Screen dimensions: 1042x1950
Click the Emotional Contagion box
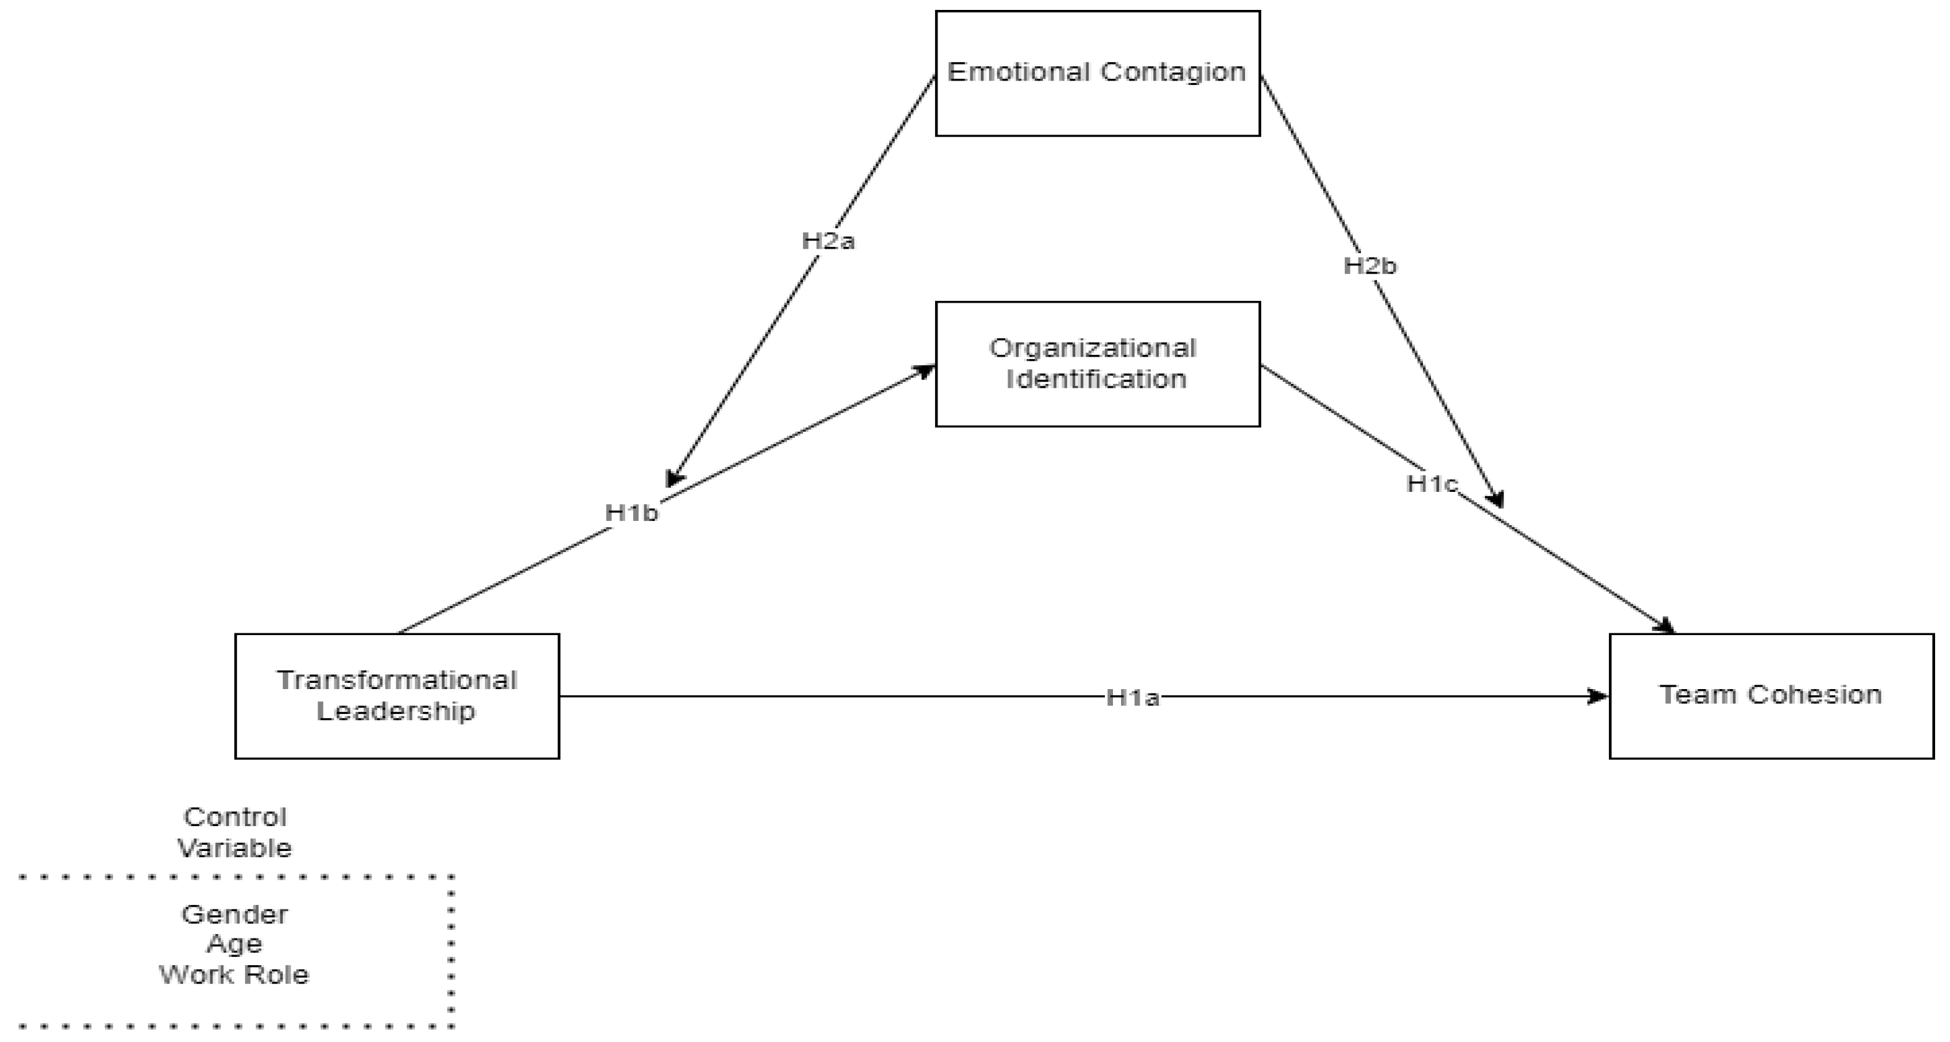(1097, 73)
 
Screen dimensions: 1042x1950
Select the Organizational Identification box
(1097, 364)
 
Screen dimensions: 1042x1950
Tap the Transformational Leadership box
(397, 696)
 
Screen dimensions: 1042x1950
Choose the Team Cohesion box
(1771, 696)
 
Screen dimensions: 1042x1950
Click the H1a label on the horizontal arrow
(1132, 697)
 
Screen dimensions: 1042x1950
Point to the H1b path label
(631, 514)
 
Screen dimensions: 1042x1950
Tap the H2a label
(828, 241)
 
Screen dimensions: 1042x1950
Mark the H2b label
(1370, 266)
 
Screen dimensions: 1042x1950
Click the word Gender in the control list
(234, 915)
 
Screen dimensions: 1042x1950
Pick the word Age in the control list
(234, 944)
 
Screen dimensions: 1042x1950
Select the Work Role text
(234, 974)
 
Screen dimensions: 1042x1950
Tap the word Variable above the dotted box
(234, 848)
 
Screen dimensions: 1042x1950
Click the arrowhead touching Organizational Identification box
(926, 371)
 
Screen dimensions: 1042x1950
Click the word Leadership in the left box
(396, 711)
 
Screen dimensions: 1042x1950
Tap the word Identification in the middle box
(1096, 380)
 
